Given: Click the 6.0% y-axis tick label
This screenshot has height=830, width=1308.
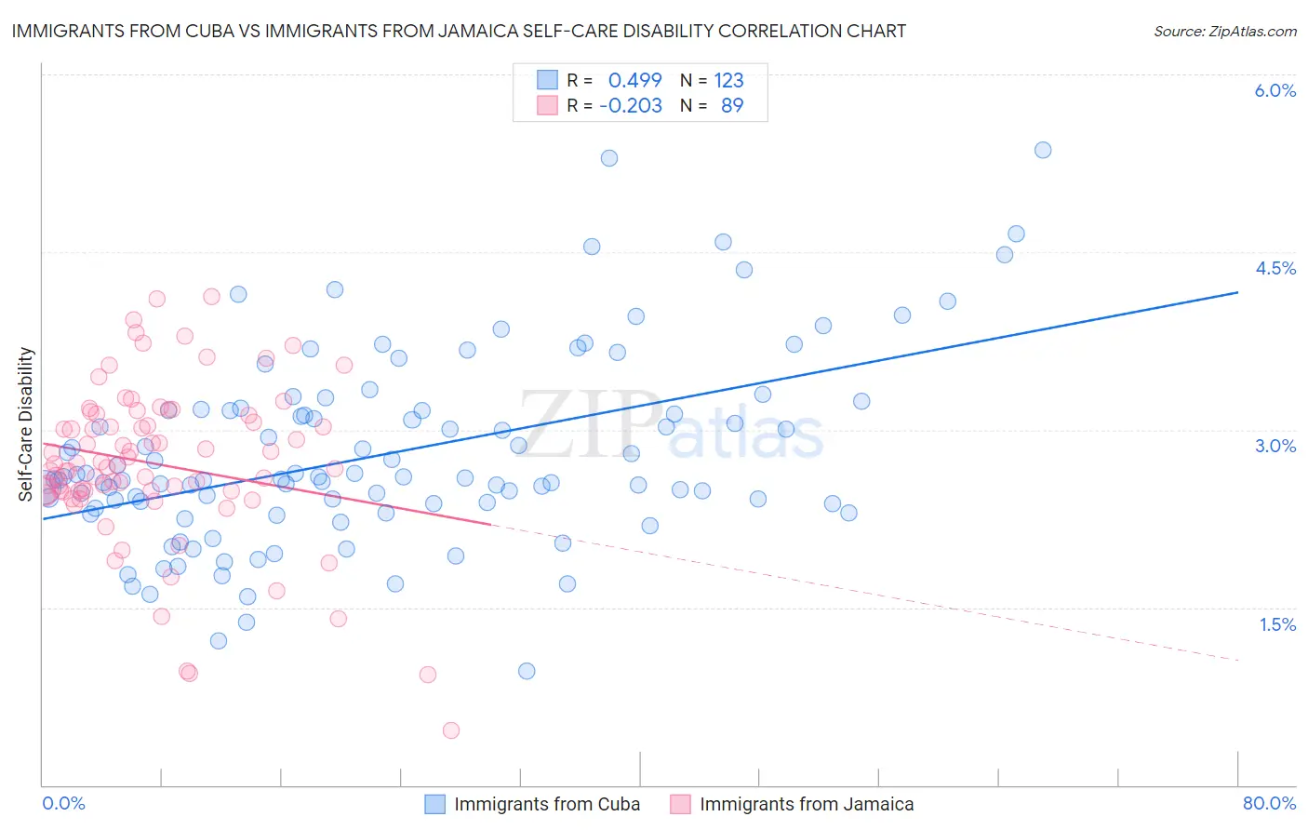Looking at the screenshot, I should [1275, 90].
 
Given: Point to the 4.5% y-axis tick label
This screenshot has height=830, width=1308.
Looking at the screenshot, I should [1275, 268].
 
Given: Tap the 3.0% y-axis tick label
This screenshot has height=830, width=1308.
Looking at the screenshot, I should [1275, 446].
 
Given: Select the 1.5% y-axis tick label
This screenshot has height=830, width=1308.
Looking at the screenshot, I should [1277, 624].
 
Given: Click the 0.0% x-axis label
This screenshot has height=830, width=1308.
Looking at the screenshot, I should [63, 803].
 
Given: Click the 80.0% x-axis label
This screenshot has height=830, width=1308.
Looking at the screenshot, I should [1269, 803].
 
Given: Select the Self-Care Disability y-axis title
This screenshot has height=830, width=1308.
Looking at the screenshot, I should [25, 424].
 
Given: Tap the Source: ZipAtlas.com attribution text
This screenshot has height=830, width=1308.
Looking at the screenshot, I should [1224, 31].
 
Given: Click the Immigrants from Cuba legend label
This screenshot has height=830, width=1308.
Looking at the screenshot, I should [547, 804].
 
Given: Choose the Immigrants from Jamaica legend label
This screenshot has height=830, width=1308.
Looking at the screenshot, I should [807, 804].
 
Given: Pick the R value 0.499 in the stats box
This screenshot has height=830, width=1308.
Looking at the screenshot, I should [634, 80].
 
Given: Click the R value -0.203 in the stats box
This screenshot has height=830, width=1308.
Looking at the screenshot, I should [630, 105].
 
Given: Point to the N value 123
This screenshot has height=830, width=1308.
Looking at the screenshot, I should [728, 80].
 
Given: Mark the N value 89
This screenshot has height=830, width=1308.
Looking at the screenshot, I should [732, 105].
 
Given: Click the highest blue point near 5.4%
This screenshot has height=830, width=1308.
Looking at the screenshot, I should [1043, 150].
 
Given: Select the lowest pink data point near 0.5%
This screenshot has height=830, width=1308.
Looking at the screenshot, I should [451, 730].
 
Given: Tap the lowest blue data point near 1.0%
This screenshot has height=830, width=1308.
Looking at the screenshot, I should [527, 671].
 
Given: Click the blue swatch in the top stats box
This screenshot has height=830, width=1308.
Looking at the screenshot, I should [547, 80].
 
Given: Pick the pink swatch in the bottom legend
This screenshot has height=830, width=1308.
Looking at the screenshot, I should [680, 804].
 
